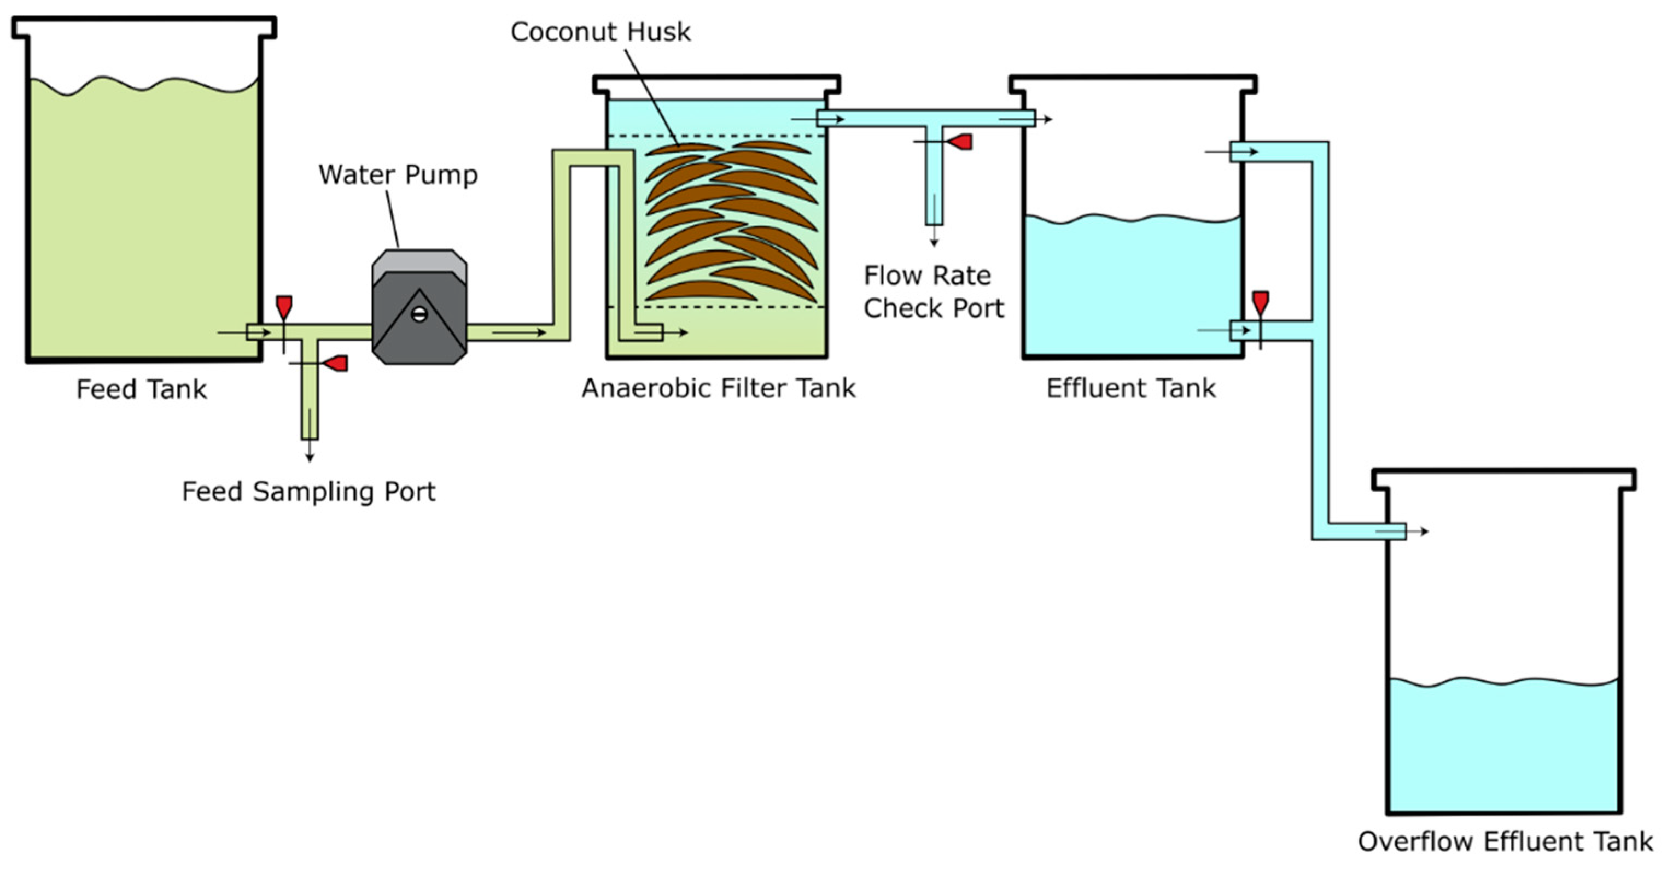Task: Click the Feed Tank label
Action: pos(141,390)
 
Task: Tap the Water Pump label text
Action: pos(398,175)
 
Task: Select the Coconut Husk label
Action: pos(600,32)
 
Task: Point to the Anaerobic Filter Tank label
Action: pos(718,388)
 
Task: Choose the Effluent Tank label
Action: pos(1130,388)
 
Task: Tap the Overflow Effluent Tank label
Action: pos(1504,842)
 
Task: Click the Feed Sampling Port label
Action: pos(308,492)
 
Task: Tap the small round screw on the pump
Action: pos(419,315)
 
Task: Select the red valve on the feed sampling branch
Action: pos(336,363)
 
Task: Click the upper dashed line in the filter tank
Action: pos(714,136)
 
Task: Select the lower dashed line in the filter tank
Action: pos(714,307)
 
